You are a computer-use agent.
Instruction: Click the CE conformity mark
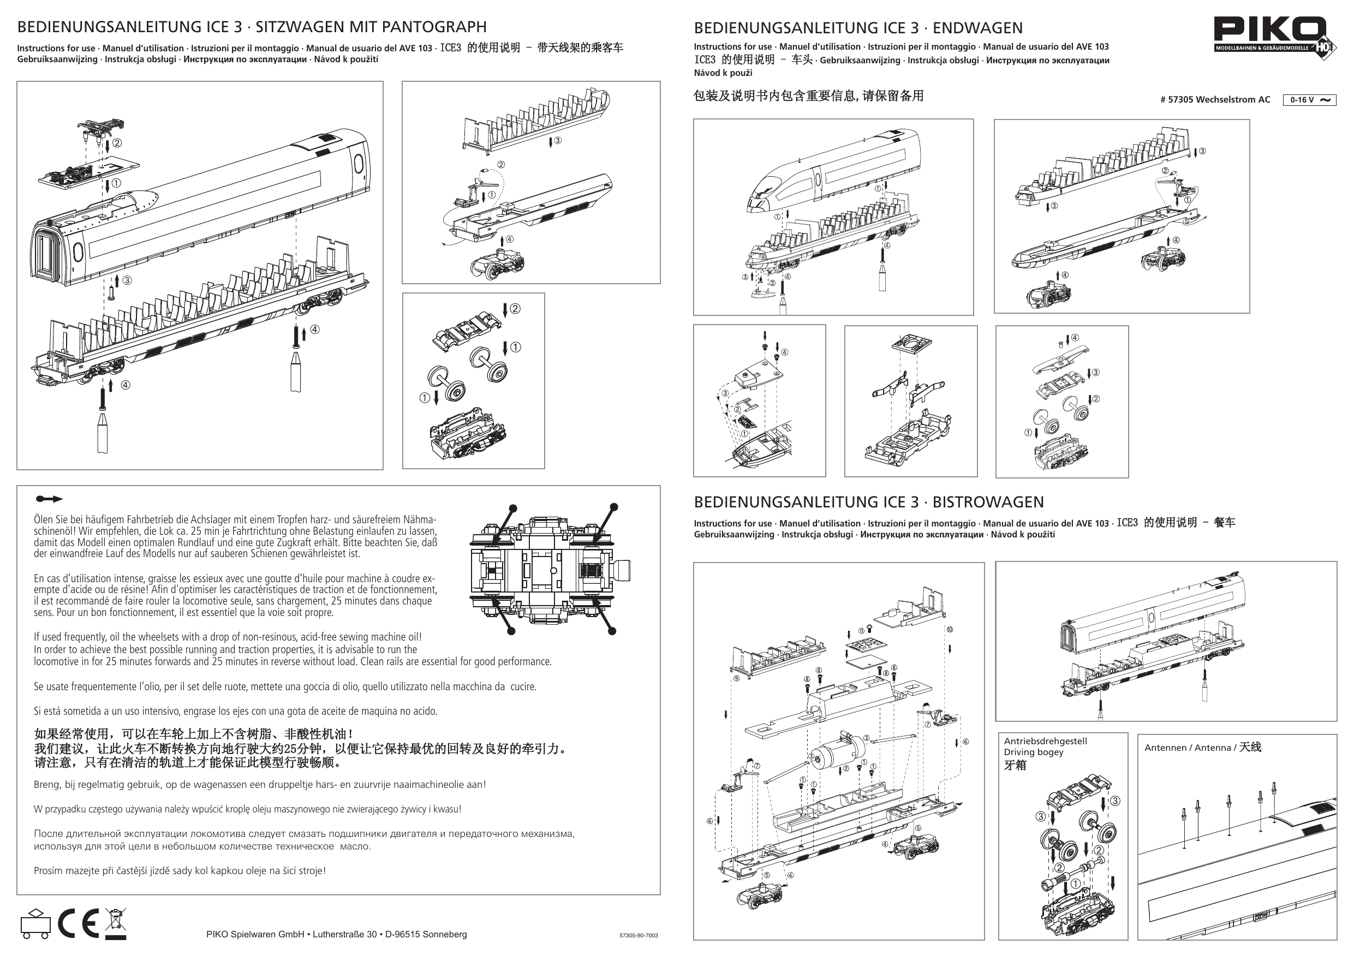coord(78,923)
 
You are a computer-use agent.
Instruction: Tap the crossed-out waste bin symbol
coord(116,922)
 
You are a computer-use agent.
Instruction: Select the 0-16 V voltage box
coord(1309,100)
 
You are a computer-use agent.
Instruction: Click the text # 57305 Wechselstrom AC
coord(1215,100)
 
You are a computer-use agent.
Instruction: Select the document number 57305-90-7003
coord(638,935)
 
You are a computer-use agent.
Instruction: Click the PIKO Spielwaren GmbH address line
coord(336,934)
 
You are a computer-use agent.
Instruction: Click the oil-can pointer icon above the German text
coord(49,499)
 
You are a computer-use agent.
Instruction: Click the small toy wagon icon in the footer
coord(35,923)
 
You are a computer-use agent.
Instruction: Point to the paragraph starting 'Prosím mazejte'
coord(180,870)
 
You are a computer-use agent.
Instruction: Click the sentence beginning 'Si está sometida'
coord(235,711)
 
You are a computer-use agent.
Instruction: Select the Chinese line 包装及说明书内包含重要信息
coord(808,96)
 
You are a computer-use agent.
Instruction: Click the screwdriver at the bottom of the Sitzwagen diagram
coord(103,433)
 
